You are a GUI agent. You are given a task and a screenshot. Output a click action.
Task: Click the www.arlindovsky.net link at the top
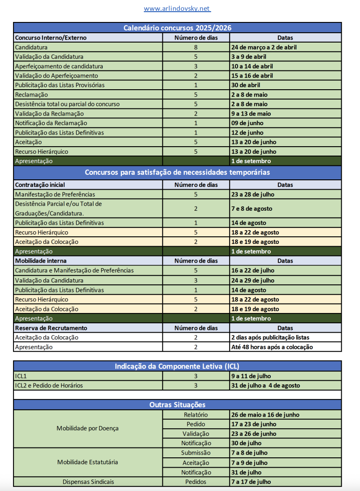177,9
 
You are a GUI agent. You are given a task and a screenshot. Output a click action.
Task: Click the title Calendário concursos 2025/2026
178,28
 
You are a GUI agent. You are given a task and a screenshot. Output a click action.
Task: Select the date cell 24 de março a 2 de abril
264,47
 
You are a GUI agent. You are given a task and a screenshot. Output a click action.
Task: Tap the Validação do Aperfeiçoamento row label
56,76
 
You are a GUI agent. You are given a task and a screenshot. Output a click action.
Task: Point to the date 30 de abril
245,85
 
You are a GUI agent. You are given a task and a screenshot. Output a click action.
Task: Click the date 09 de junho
247,123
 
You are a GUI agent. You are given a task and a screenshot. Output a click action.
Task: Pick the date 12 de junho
247,133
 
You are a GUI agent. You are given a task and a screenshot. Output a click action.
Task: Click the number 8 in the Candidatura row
196,47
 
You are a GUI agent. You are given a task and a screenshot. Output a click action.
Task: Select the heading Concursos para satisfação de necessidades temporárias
178,172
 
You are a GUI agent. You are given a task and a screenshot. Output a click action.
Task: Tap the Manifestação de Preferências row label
55,194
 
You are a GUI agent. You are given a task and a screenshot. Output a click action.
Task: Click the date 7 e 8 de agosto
252,209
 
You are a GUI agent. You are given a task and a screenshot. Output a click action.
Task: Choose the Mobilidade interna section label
41,261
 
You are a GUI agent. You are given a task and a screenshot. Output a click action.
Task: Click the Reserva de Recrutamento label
51,328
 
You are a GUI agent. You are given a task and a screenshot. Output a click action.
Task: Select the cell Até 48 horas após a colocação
272,347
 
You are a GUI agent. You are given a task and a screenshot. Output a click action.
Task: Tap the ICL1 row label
21,376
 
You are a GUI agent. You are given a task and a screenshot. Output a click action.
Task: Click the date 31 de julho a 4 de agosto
265,386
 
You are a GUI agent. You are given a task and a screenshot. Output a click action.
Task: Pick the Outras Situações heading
178,405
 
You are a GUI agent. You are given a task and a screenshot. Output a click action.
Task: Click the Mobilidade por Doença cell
88,428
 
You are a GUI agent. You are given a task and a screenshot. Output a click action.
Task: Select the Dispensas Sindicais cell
88,482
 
